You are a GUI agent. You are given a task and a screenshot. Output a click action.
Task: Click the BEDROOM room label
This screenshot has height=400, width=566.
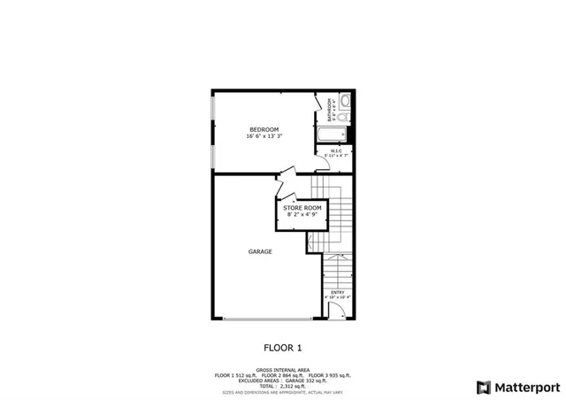(x=263, y=129)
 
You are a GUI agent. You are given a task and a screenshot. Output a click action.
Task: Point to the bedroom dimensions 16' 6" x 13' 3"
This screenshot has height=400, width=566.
(x=263, y=136)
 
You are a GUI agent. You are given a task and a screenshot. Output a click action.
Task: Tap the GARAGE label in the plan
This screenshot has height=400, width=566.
(x=260, y=252)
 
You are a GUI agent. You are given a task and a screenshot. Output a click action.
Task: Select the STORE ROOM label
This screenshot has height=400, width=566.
(x=301, y=207)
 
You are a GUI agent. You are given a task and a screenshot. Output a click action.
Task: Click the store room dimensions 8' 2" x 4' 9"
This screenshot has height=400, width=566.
(x=301, y=214)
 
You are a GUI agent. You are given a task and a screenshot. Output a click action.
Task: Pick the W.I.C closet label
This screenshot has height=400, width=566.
(x=337, y=151)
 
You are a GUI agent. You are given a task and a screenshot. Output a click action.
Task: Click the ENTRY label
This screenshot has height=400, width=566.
(x=337, y=292)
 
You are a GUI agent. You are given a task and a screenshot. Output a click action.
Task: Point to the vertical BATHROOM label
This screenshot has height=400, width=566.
(x=329, y=109)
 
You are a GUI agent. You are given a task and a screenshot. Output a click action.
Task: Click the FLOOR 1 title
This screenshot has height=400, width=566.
(x=283, y=348)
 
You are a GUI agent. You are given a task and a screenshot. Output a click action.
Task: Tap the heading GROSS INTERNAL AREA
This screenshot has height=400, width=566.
(x=283, y=370)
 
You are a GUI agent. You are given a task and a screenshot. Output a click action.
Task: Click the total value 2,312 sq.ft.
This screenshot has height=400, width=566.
(x=293, y=386)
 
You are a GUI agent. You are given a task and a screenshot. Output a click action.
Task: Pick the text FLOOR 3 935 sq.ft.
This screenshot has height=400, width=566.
(x=330, y=375)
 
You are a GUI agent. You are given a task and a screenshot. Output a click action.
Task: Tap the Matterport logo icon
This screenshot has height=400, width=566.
(x=482, y=387)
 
